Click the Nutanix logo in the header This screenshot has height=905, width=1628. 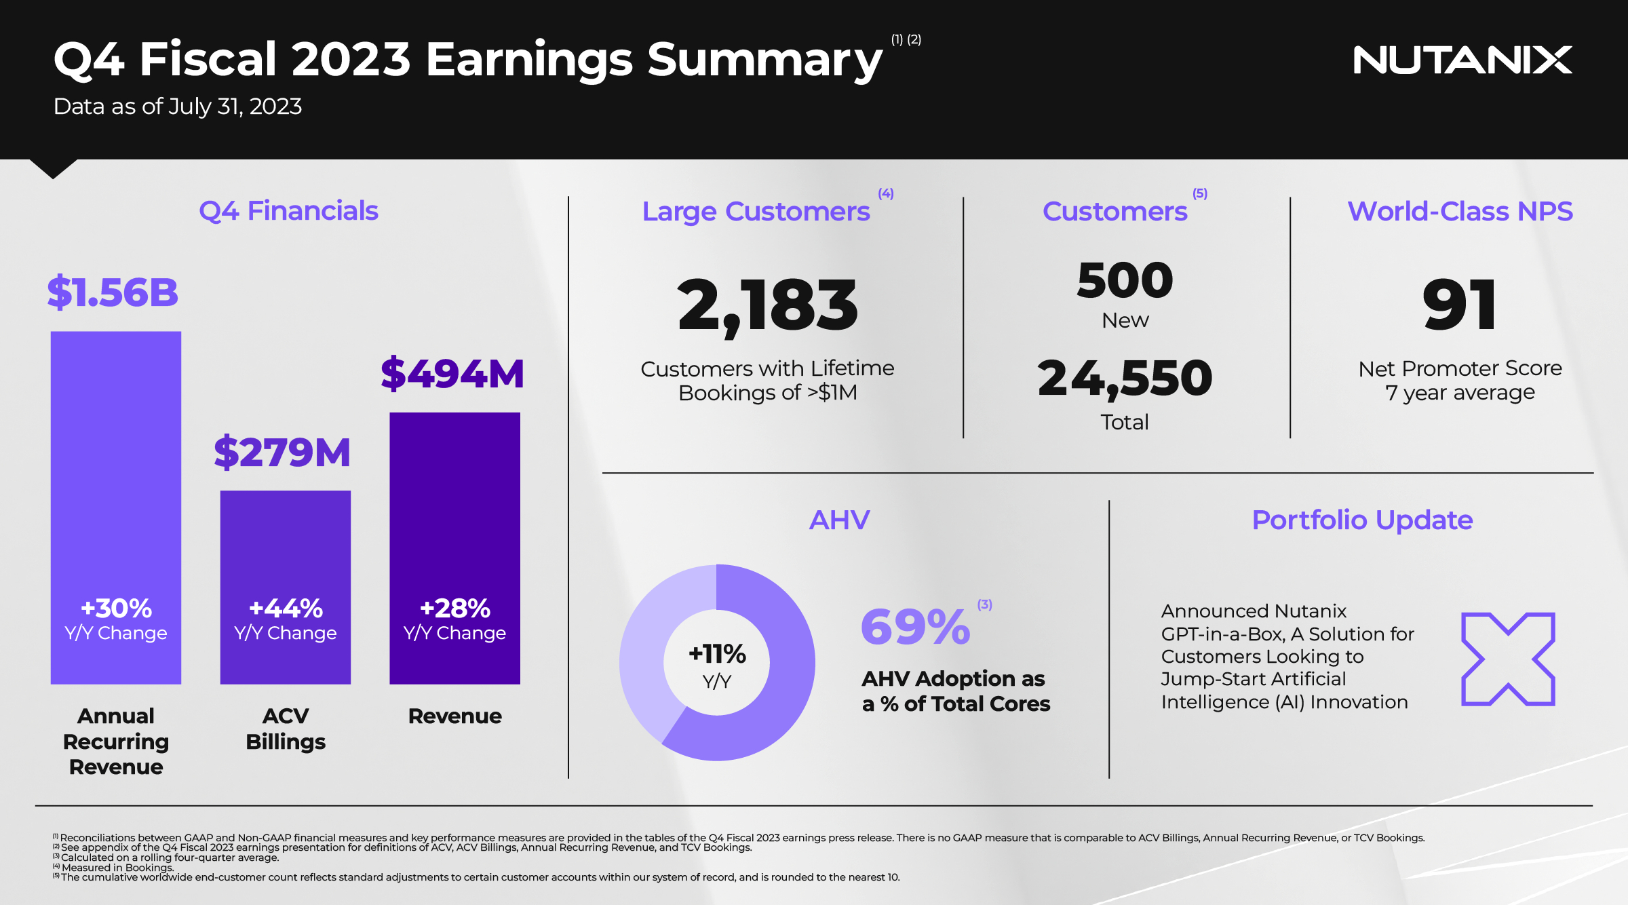(x=1462, y=60)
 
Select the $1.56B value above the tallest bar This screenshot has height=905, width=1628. (x=113, y=293)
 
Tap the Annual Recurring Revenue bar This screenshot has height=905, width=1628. (x=116, y=475)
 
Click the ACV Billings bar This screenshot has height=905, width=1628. (x=286, y=543)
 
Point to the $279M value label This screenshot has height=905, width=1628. (x=282, y=452)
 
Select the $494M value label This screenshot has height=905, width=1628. (x=452, y=374)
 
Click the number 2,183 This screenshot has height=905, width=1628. (x=767, y=306)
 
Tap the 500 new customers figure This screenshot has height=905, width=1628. (x=1125, y=280)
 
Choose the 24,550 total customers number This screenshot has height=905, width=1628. (x=1125, y=379)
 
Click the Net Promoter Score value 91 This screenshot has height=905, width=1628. (x=1459, y=306)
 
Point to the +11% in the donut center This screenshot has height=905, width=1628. (x=717, y=654)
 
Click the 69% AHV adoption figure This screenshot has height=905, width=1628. (x=915, y=627)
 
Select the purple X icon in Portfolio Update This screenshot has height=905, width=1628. (x=1507, y=659)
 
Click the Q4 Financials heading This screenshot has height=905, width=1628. (x=288, y=211)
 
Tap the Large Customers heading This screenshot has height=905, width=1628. (x=756, y=212)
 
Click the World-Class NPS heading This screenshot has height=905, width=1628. (x=1460, y=212)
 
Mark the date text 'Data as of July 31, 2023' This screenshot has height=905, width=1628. (x=178, y=107)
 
